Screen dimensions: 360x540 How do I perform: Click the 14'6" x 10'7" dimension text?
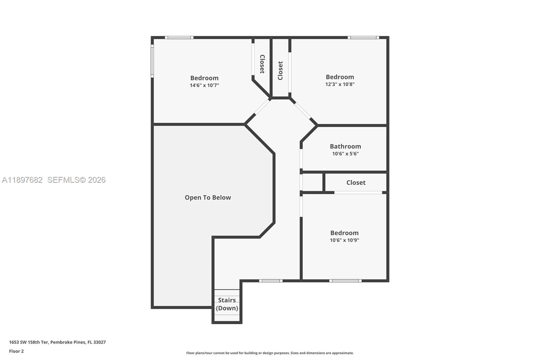204,85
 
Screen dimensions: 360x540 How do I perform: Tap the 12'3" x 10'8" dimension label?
340,84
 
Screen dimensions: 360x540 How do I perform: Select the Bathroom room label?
345,146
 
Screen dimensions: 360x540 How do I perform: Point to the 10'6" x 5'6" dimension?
345,154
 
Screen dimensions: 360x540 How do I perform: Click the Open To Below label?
208,198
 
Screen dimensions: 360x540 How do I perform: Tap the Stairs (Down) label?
227,304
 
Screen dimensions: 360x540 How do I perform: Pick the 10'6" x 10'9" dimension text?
344,240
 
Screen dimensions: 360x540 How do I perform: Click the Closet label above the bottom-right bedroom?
356,183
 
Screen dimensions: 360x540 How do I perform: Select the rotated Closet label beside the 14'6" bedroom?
262,64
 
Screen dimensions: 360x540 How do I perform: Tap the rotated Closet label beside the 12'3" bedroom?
280,71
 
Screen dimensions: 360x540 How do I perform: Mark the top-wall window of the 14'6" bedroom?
179,37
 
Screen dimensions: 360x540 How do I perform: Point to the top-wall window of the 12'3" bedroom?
363,37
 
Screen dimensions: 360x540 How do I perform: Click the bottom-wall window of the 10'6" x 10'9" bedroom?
345,281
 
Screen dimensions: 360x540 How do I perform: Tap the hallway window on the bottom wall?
271,281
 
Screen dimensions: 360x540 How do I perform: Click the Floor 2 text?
16,351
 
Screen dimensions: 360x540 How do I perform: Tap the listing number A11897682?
22,180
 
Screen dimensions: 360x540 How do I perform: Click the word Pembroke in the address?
62,342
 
